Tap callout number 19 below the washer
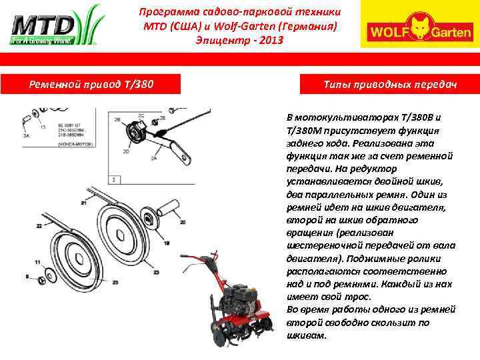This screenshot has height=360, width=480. [166, 243]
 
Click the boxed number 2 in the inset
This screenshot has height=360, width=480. [116, 179]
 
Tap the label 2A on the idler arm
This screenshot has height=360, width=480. [153, 159]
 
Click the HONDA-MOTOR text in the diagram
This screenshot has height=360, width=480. [77, 143]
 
